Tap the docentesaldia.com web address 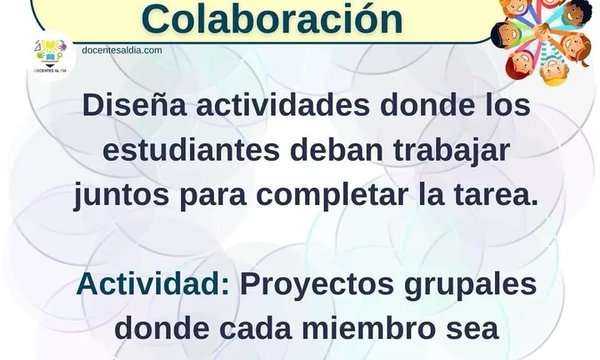[x=122, y=50]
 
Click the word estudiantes [x=191, y=150]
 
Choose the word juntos [x=121, y=196]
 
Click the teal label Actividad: [x=153, y=284]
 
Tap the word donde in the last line [x=162, y=328]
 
